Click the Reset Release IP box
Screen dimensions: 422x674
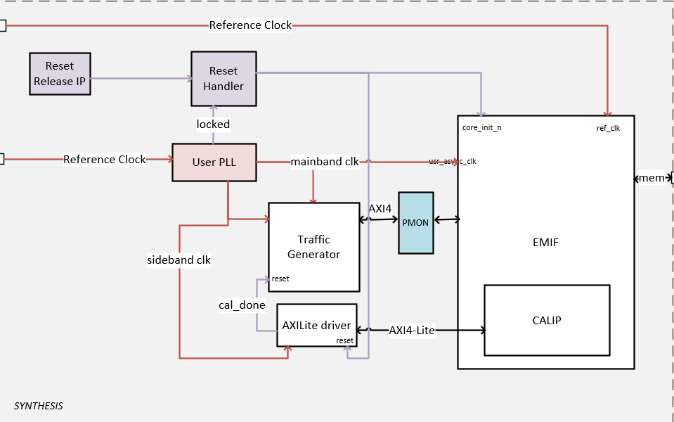59,74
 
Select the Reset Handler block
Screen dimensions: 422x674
223,79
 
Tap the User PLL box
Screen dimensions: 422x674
214,162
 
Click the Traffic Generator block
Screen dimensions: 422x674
313,247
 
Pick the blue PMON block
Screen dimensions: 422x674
415,222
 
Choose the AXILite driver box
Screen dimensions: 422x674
316,325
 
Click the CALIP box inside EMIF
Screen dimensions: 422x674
546,321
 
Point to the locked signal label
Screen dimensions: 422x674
213,124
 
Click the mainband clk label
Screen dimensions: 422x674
325,162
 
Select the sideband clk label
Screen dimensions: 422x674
179,260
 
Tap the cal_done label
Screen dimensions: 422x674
242,305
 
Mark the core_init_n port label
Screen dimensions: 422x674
481,128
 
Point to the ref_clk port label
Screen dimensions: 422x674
608,128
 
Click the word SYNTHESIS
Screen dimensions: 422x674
39,406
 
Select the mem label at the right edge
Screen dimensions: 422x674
652,178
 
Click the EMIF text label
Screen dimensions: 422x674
545,243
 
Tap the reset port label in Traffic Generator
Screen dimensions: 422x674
280,279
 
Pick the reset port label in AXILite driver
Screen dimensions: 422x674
344,340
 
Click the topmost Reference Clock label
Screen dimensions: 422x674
250,25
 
